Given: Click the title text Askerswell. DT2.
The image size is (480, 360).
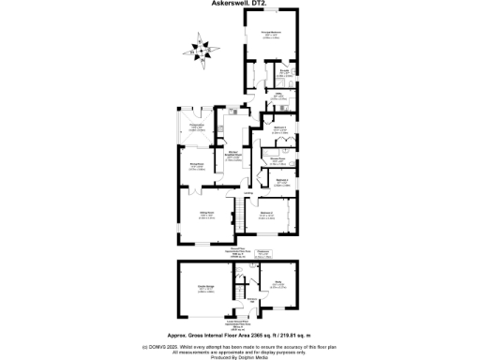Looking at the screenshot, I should click(240, 4).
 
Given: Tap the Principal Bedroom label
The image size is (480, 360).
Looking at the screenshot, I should click(272, 36).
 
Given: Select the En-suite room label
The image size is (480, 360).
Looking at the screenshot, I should click(283, 71).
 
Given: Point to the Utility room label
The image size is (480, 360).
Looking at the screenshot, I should click(278, 95).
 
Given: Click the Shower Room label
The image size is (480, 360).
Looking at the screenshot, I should click(278, 160).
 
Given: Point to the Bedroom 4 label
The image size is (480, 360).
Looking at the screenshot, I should click(279, 180).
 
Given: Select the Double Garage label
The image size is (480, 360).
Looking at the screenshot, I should click(203, 289).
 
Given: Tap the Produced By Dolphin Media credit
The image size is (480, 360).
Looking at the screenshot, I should click(240, 356).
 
